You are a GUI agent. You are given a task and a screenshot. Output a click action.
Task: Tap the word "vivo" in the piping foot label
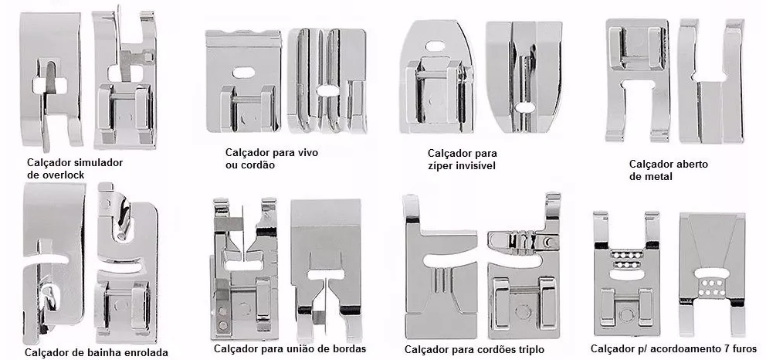click(x=307, y=153)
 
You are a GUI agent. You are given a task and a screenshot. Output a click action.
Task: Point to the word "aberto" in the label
click(x=691, y=164)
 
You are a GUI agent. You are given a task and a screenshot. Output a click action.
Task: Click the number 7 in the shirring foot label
click(x=727, y=348)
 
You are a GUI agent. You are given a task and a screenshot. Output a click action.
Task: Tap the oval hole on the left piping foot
click(x=243, y=73)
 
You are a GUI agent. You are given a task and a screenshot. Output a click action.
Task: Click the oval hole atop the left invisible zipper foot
click(x=435, y=46)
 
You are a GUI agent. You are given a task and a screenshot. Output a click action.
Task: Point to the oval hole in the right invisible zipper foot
click(x=524, y=107)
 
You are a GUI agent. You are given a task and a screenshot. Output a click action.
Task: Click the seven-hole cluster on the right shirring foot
click(x=712, y=287)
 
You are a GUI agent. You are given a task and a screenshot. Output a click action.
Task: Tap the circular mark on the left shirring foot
click(x=626, y=314)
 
